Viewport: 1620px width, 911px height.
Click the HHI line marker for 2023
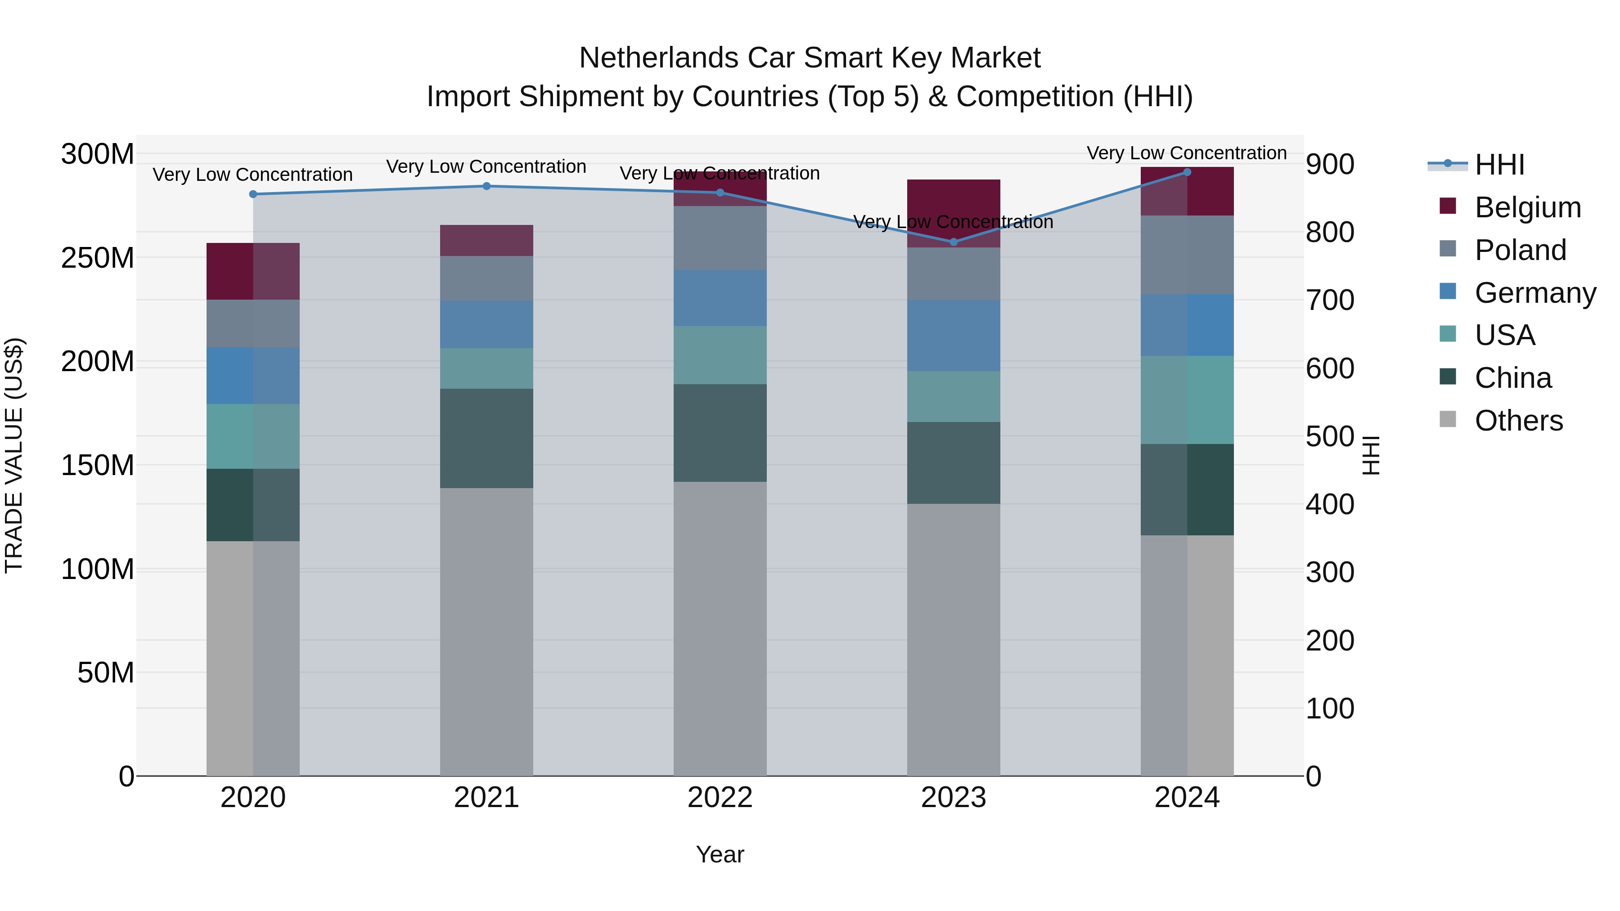coord(954,242)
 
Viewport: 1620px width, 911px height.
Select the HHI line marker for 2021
coord(486,186)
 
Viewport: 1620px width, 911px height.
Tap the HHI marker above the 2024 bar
coord(1187,172)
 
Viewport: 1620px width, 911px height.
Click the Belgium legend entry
coord(1527,207)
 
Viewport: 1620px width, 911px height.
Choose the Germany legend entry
coord(1534,293)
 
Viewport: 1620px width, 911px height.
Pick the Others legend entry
coord(1518,421)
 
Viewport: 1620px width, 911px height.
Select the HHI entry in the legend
coord(1499,165)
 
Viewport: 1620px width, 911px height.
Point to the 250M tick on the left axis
coord(98,258)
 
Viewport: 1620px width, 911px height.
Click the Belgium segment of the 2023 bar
coord(954,213)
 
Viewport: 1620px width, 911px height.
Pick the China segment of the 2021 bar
coord(486,438)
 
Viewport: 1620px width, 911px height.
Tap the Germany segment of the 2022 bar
coord(720,298)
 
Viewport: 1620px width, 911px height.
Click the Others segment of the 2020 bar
coord(253,658)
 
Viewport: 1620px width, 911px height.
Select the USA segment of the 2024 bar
coord(1187,400)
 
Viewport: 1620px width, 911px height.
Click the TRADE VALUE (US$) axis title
coord(14,455)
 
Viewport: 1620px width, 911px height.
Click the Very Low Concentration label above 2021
coord(486,166)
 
